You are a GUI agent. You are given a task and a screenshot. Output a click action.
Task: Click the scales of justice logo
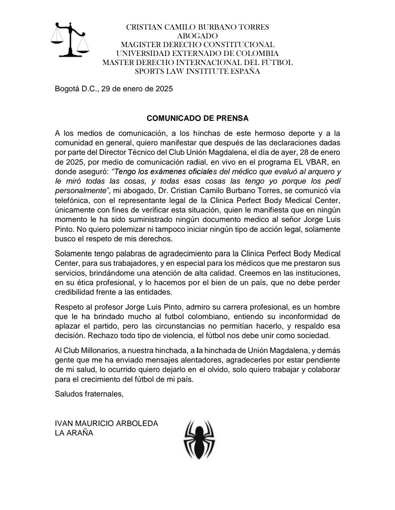pyautogui.click(x=70, y=39)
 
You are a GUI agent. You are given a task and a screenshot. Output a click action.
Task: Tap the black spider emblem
pyautogui.click(x=199, y=439)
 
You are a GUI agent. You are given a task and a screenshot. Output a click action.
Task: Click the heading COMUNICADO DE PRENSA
pyautogui.click(x=197, y=118)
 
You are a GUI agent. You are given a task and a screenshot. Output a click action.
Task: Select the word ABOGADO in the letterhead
pyautogui.click(x=197, y=36)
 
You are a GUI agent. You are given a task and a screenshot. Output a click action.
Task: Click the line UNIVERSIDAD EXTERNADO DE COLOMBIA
pyautogui.click(x=197, y=54)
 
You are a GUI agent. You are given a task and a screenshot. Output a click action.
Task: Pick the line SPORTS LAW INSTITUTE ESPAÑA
pyautogui.click(x=197, y=72)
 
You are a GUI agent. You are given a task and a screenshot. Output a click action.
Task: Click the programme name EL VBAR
pyautogui.click(x=315, y=161)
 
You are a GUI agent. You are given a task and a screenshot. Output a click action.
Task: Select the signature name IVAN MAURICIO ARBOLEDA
pyautogui.click(x=106, y=423)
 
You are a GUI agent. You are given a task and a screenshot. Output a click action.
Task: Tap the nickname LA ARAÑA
pyautogui.click(x=74, y=433)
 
